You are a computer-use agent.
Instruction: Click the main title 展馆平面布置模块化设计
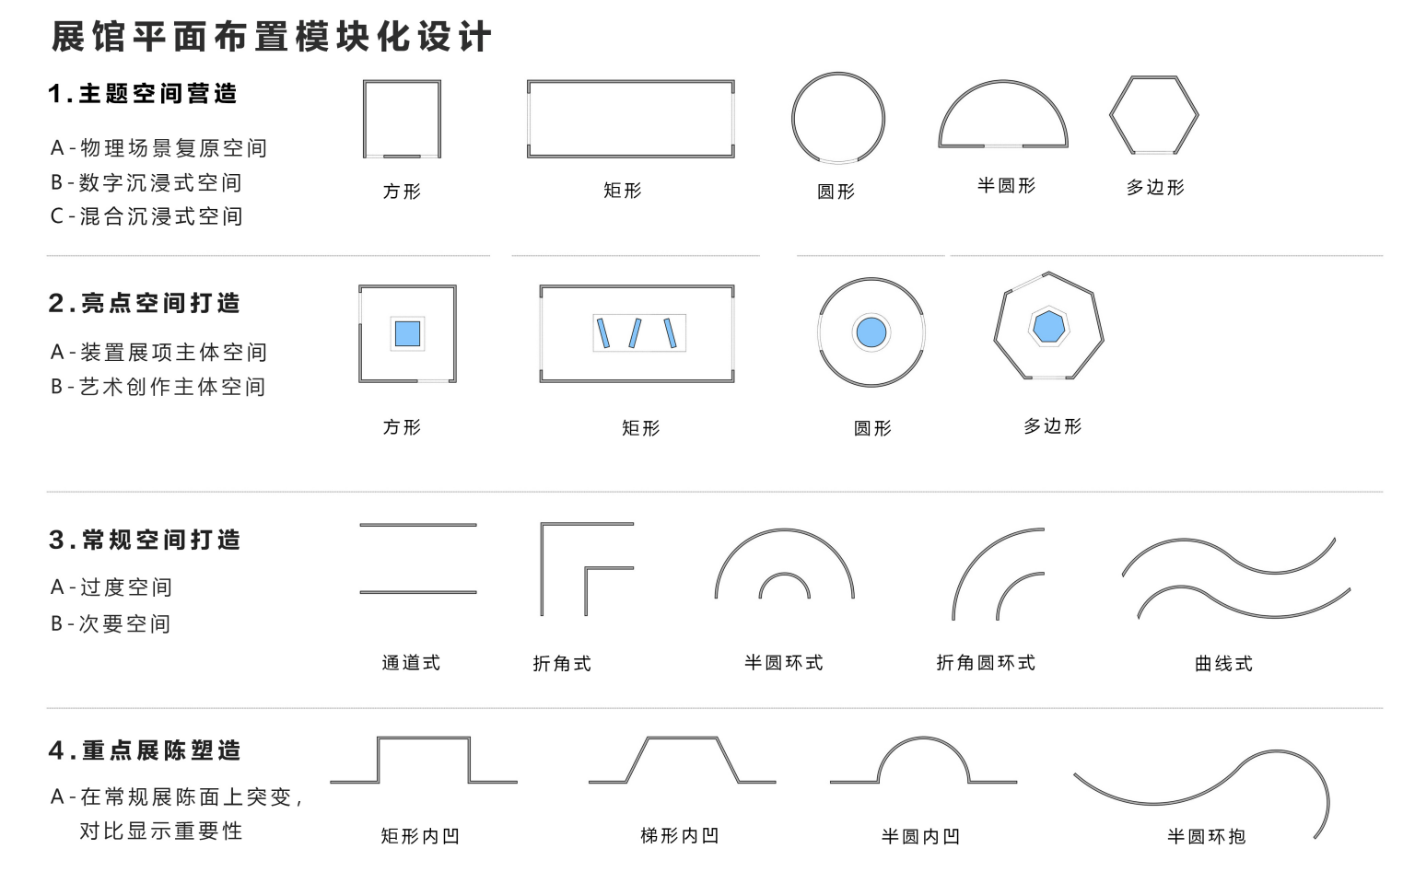point(271,37)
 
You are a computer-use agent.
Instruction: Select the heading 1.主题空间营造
point(143,94)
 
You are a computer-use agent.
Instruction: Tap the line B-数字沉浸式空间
point(146,182)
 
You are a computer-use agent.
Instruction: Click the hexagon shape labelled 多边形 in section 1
point(1153,115)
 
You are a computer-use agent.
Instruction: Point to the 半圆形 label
point(1006,186)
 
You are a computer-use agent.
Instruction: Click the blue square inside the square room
point(407,333)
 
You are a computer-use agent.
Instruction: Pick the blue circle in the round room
point(871,331)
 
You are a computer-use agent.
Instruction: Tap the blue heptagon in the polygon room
point(1048,326)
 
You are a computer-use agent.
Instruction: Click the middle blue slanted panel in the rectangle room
point(636,332)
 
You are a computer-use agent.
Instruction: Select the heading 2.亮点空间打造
point(144,303)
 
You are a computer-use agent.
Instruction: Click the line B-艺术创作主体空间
point(158,387)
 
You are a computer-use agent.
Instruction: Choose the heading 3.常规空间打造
point(145,540)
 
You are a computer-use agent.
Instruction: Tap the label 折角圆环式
point(986,663)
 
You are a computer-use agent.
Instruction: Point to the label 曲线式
point(1223,664)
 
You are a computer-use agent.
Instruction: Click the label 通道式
point(411,663)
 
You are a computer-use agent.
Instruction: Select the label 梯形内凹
point(679,836)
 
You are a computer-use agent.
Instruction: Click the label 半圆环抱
point(1206,837)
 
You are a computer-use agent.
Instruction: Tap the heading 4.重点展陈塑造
point(145,750)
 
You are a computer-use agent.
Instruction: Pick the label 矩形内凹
point(420,836)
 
